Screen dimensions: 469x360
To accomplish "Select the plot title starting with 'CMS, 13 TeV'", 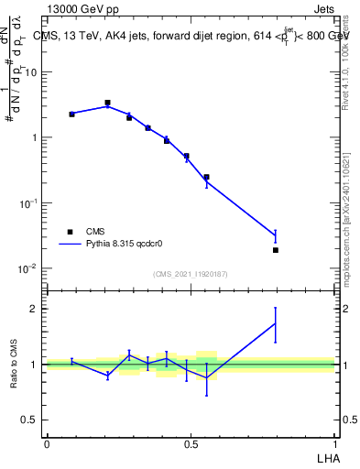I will pyautogui.click(x=193, y=36).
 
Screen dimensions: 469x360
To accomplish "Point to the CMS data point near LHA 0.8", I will pyautogui.click(x=275, y=249).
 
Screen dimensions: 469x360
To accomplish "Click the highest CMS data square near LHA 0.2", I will pyautogui.click(x=107, y=103).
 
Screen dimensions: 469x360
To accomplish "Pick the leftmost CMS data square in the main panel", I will pyautogui.click(x=71, y=114).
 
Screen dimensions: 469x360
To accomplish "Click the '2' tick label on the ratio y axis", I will pyautogui.click(x=36, y=309).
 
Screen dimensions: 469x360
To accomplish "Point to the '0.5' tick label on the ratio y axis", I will pyautogui.click(x=32, y=420).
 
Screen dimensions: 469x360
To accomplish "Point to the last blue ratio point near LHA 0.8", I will pyautogui.click(x=275, y=323).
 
